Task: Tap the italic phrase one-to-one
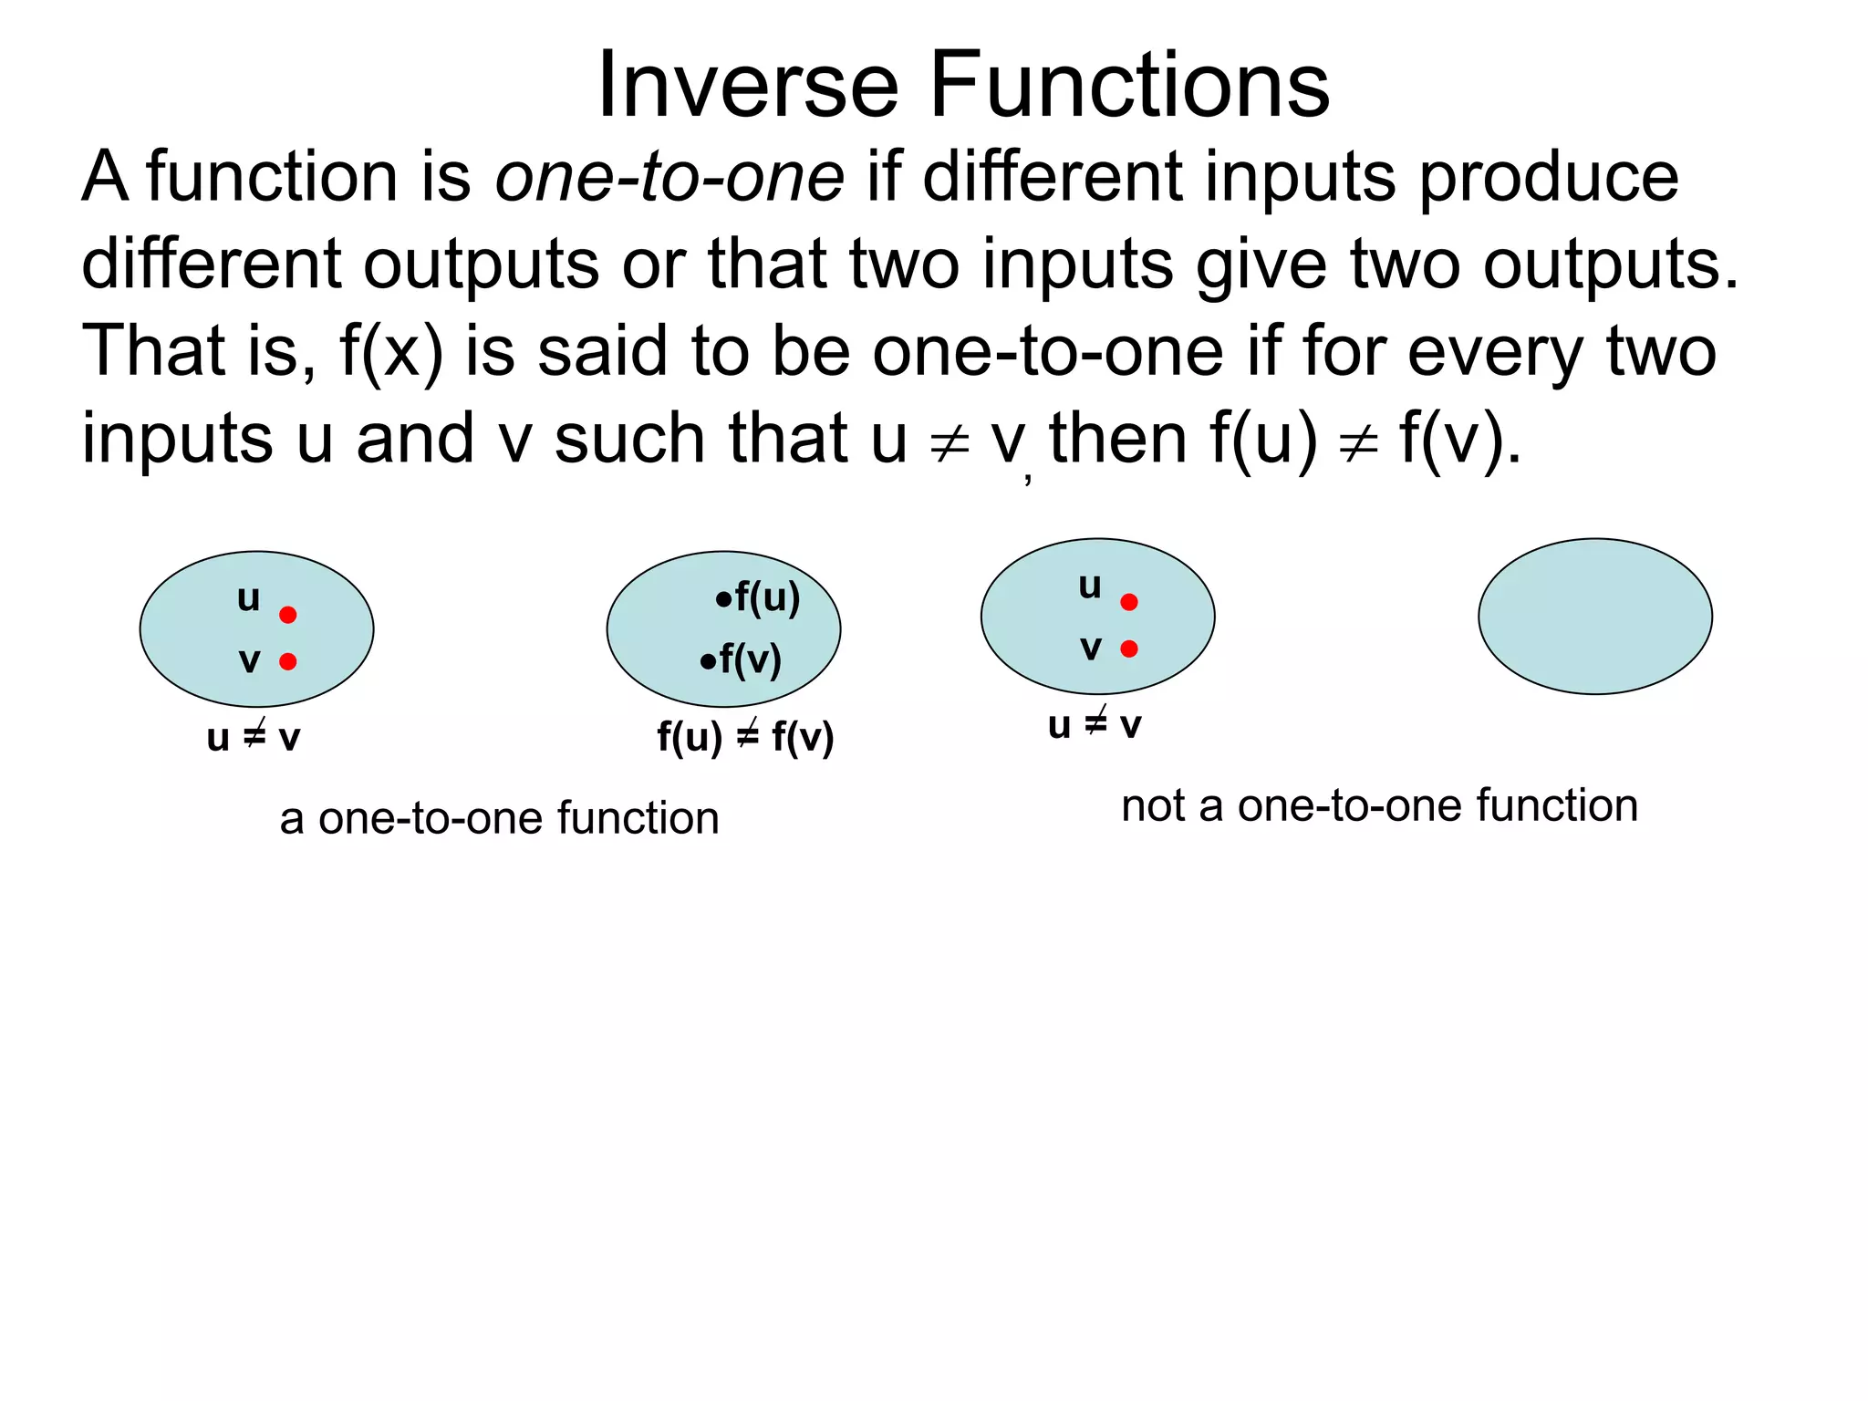(x=669, y=177)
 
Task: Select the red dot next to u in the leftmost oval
(x=288, y=615)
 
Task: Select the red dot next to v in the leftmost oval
(x=288, y=661)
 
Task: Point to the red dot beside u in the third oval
(x=1129, y=602)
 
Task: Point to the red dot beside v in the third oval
(x=1129, y=649)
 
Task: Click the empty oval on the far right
(x=1594, y=617)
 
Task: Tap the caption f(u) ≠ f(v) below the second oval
(x=745, y=737)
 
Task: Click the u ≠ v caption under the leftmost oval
(x=253, y=737)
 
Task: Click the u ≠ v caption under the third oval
(x=1094, y=725)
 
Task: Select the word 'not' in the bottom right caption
(x=1152, y=806)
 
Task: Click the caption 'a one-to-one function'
(x=499, y=818)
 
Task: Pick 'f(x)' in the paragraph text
(x=391, y=352)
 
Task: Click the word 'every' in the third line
(x=1495, y=352)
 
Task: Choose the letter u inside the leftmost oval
(x=248, y=599)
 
